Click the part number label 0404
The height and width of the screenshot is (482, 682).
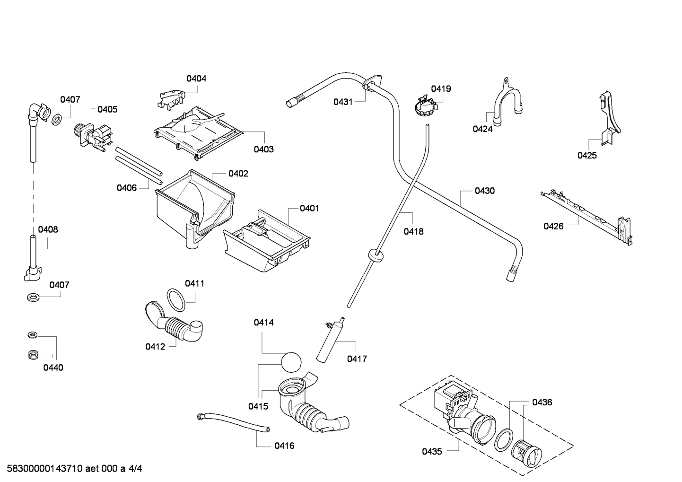coord(196,79)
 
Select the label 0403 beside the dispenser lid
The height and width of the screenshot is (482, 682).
coord(263,149)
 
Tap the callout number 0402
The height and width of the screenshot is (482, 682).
coord(238,174)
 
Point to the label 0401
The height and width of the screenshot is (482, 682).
coord(309,208)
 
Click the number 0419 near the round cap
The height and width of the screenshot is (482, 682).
coord(441,89)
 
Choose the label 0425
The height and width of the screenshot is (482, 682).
coord(587,156)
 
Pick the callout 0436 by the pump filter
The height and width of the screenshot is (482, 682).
coord(542,403)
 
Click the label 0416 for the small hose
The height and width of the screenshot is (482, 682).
coord(284,446)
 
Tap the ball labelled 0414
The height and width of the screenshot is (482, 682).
coord(291,362)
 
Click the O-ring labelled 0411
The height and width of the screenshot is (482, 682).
coord(176,300)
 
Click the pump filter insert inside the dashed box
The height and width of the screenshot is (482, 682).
coord(527,454)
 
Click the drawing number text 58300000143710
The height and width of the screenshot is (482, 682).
coord(45,468)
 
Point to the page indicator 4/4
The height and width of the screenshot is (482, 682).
coord(135,468)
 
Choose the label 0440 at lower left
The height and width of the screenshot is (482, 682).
coord(53,368)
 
